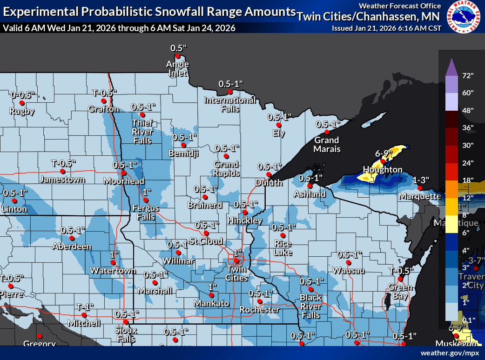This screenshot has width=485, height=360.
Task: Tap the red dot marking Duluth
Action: pos(269,175)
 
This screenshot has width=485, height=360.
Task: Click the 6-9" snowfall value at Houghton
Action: pos(384,153)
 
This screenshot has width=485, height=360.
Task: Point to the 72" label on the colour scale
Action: pos(468,75)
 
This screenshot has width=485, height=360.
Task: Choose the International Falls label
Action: pos(230,105)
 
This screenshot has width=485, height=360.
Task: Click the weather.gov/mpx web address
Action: pos(450,353)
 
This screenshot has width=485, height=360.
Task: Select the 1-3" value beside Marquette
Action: pos(420,180)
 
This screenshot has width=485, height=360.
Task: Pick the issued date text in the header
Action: pos(386,28)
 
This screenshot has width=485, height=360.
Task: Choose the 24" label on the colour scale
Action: pos(468,162)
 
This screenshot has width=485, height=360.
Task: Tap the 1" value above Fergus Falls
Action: pos(148,192)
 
